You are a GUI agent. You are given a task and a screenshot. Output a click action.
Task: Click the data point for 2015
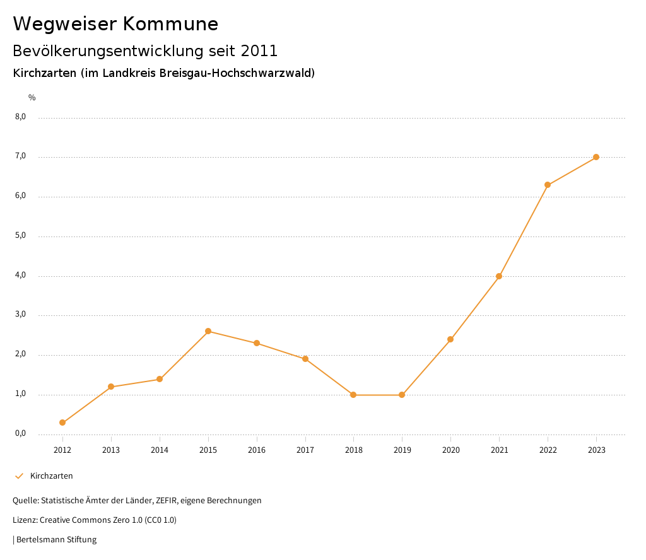tap(208, 331)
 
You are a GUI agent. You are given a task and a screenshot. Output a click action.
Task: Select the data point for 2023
tap(596, 157)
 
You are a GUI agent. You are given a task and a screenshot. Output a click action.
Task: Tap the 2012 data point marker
tap(62, 423)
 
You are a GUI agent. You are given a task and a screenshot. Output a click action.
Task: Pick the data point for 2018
tap(353, 395)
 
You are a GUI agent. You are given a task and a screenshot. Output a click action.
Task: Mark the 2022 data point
tap(548, 185)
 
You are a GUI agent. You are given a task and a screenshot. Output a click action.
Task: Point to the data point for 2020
tap(450, 339)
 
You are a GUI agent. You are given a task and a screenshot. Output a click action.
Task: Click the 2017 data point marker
tap(305, 359)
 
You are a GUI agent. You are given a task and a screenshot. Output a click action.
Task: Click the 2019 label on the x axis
tap(402, 450)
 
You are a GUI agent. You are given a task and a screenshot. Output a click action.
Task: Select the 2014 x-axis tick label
tap(160, 450)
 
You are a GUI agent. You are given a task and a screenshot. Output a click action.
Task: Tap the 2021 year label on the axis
tap(499, 450)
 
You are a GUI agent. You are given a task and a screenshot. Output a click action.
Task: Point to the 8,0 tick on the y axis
tap(21, 117)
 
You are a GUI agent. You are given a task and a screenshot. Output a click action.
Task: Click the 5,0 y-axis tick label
tap(21, 235)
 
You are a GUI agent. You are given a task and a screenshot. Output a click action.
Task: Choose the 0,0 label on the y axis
tap(21, 433)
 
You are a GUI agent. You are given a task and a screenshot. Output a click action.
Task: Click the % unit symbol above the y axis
tap(32, 98)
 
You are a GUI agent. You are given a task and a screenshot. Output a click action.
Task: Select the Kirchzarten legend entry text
tap(52, 476)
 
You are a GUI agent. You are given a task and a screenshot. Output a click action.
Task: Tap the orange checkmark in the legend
tap(19, 476)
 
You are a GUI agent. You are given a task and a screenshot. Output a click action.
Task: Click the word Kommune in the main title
tap(171, 24)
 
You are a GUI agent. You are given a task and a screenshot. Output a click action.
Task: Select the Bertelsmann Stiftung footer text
tap(56, 540)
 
